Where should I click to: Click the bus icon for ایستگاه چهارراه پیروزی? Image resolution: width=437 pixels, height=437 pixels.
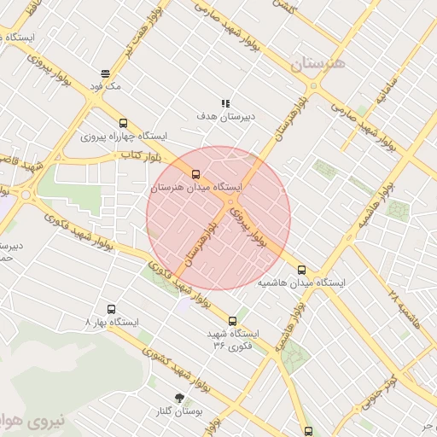pos(124,123)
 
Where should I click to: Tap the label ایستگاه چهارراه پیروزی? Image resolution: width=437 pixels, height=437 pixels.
pos(125,136)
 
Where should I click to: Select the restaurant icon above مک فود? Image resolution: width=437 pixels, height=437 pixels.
pos(104,73)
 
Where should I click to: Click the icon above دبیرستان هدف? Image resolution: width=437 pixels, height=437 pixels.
pos(225,103)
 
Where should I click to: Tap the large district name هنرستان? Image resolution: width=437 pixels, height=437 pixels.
pos(318,64)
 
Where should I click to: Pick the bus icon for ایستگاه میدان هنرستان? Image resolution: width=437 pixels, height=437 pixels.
pos(196,175)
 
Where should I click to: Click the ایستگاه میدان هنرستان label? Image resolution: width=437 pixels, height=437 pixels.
pos(196,187)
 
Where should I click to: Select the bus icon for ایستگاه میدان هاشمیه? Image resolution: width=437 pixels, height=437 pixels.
pos(301,270)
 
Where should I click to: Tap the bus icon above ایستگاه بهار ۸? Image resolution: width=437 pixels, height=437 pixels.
pos(111,309)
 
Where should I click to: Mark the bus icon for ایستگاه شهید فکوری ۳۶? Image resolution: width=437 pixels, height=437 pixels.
pos(232,321)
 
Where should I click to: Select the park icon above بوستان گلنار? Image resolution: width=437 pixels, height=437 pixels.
pos(179,398)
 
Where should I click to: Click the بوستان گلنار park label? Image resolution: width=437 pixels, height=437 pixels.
pos(180,411)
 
